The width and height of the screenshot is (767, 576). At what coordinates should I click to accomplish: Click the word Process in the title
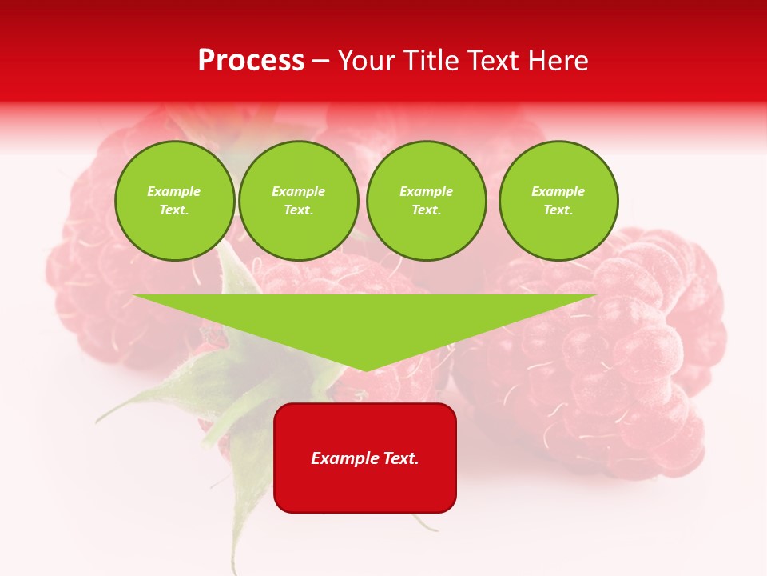click(251, 61)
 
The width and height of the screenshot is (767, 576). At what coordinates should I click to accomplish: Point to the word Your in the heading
click(367, 61)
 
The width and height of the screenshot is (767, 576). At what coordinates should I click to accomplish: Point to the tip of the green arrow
click(366, 370)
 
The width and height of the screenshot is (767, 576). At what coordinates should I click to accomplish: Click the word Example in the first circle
click(174, 191)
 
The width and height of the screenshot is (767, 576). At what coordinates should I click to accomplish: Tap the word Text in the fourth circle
click(558, 210)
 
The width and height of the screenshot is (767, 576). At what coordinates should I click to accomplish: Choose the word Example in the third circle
click(426, 191)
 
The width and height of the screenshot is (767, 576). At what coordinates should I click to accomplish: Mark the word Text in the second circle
click(298, 210)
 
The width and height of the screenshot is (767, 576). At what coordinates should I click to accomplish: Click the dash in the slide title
click(320, 61)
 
